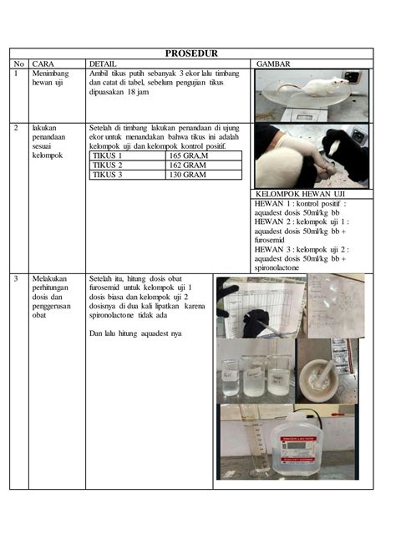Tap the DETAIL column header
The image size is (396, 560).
[x=103, y=64]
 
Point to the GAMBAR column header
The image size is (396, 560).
[x=273, y=64]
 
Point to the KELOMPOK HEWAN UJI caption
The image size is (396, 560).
[x=299, y=194]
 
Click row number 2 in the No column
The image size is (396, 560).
[x=16, y=129]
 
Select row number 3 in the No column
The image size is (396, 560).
[x=16, y=279]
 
